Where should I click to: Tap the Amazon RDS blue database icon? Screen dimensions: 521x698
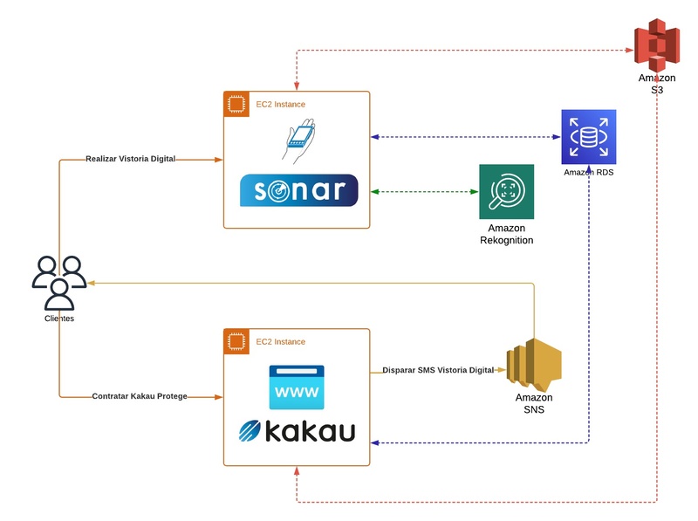coord(589,137)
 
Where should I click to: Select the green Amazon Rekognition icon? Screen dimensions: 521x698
coord(506,192)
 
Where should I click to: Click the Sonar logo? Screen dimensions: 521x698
coord(298,190)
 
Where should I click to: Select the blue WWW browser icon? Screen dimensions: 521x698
coord(297,387)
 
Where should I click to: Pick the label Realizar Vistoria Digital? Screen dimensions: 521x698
coord(131,160)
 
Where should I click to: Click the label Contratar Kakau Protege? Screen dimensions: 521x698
coord(140,396)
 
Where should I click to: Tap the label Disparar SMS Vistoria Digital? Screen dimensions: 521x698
coord(439,370)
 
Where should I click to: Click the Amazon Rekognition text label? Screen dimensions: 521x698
coord(506,234)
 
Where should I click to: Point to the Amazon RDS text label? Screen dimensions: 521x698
coord(589,173)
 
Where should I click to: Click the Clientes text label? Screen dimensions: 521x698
coord(59,319)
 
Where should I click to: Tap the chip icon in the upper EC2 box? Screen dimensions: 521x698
coord(235,103)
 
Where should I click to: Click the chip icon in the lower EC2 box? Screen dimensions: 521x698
coord(235,340)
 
